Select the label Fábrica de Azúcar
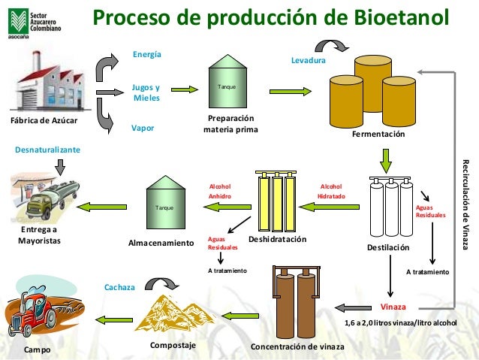point(44,121)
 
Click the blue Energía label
point(146,54)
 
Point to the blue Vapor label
point(143,128)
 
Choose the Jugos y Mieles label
point(146,92)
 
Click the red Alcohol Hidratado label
point(331,191)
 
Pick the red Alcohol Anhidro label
point(219,191)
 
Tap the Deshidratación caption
point(278,239)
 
